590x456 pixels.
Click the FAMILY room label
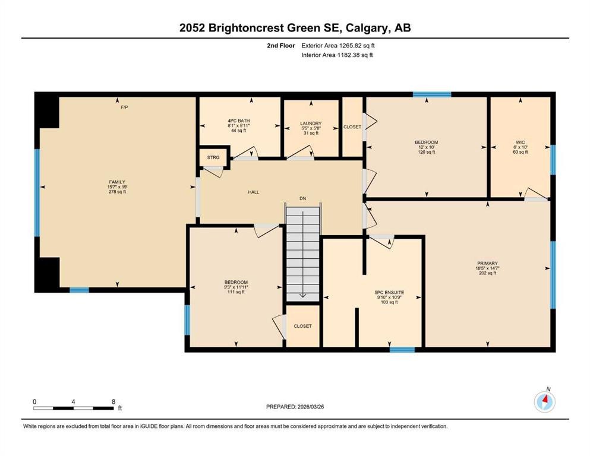116,182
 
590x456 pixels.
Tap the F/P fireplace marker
124,107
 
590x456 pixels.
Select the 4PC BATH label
239,121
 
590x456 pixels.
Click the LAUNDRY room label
311,123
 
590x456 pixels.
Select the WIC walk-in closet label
520,142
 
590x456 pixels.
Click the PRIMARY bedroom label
486,263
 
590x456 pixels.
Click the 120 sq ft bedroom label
426,142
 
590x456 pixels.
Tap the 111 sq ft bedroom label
236,282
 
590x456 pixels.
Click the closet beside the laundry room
352,127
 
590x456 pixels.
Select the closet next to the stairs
302,326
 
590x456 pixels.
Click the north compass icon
544,402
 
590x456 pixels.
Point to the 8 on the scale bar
113,401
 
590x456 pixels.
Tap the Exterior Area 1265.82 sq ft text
337,45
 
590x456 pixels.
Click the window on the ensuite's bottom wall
402,350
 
